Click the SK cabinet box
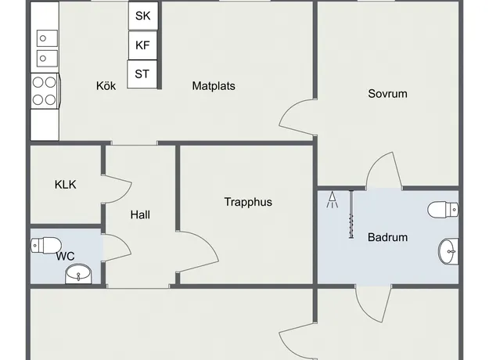click(143, 16)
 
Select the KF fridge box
click(143, 45)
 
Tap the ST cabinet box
click(142, 74)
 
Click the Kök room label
click(106, 86)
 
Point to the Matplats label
click(214, 86)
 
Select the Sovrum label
click(387, 94)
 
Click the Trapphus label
click(248, 202)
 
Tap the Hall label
click(140, 214)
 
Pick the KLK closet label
click(65, 185)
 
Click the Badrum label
click(387, 237)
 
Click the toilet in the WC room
click(46, 245)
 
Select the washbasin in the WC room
click(78, 274)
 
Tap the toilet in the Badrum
click(443, 210)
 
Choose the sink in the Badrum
click(448, 251)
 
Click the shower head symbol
click(333, 200)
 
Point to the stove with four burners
click(45, 91)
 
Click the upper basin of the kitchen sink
click(48, 38)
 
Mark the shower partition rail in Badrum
click(351, 214)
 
